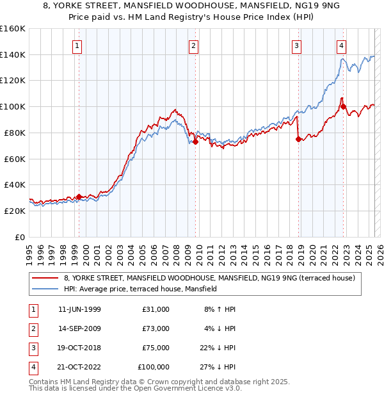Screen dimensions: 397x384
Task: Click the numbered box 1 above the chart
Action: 77,45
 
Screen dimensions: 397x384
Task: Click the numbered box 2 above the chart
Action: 193,45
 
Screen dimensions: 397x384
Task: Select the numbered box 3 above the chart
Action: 297,45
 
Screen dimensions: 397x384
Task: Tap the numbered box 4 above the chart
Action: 342,45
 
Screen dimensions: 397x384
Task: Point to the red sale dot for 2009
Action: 195,142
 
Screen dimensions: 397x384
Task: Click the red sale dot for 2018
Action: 298,139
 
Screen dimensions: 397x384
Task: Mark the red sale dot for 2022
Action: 344,106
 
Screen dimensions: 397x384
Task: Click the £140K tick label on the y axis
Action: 13,54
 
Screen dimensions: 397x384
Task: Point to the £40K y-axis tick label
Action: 15,184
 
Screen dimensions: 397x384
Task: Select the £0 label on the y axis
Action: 19,237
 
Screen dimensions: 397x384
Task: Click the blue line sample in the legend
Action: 46,289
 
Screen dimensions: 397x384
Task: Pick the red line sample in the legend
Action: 46,277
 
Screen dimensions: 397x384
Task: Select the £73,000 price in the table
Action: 156,328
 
